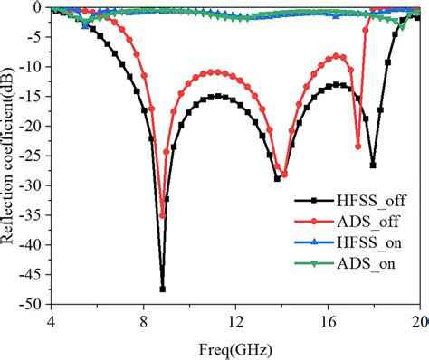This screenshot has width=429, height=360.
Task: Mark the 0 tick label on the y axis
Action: pos(40,7)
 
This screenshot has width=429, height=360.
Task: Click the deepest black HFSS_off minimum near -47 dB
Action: pos(163,289)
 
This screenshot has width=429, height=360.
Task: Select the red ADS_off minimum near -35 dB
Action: pos(163,215)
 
